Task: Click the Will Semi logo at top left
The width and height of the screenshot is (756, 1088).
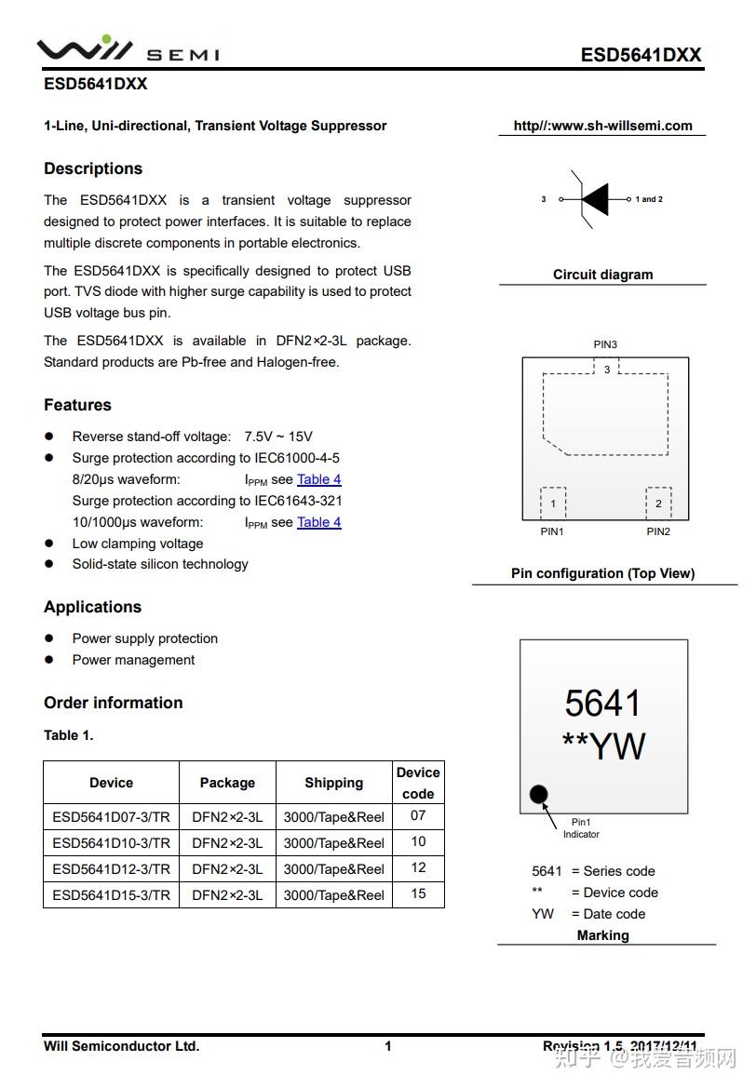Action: [x=128, y=50]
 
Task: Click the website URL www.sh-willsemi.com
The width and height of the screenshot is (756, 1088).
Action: [x=602, y=126]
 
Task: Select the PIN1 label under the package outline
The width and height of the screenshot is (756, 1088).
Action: [x=552, y=531]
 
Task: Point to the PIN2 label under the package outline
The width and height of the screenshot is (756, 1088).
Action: [x=658, y=531]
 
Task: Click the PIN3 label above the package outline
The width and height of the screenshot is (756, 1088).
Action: [x=605, y=344]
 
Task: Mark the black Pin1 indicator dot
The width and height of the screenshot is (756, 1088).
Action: [x=538, y=795]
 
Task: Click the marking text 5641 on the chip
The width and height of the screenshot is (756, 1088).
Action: [x=603, y=704]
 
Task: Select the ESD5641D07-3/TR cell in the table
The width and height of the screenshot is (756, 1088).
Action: [x=111, y=816]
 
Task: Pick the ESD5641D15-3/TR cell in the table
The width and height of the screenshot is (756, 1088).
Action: [x=111, y=894]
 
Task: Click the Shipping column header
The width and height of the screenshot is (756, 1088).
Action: [x=333, y=783]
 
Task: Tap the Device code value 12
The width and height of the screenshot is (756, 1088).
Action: [x=418, y=867]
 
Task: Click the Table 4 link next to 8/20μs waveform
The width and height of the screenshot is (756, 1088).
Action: [x=318, y=479]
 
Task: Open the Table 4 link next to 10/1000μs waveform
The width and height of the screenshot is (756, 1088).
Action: [x=318, y=522]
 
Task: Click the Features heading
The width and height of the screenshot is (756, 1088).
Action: [x=77, y=405]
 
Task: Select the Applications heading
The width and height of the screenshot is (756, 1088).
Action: [x=92, y=607]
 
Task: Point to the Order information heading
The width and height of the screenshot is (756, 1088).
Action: [x=113, y=703]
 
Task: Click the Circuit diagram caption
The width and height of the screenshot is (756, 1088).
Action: [x=602, y=275]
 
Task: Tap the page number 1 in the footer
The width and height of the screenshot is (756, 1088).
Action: [x=388, y=1046]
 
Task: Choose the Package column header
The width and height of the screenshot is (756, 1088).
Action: [x=227, y=783]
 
